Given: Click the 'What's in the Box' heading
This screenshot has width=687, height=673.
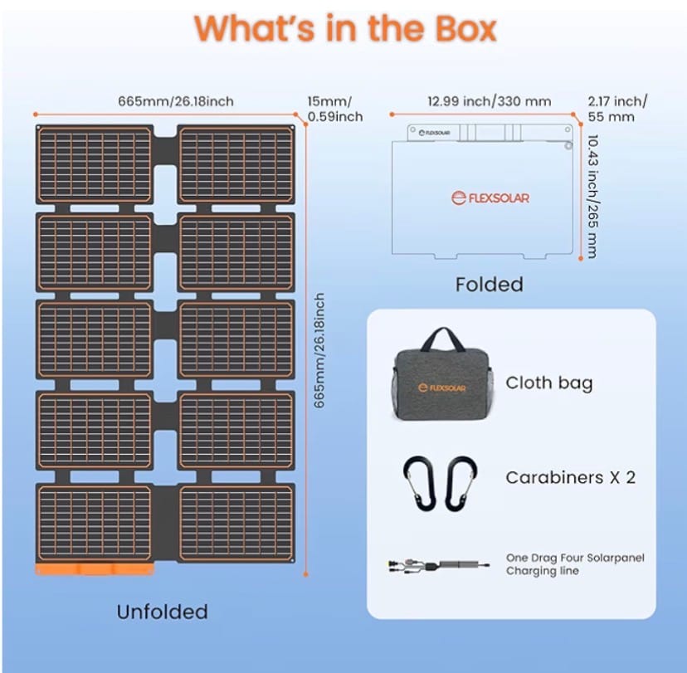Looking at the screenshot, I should point(344,27).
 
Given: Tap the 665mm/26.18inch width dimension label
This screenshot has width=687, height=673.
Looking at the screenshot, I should point(175,101).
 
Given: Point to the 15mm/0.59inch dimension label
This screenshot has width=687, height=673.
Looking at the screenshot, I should point(330,109).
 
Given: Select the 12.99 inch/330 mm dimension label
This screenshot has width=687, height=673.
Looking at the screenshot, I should point(489,101).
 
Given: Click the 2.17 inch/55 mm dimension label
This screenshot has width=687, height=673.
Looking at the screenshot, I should point(616,109).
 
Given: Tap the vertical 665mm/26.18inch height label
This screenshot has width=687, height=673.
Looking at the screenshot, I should point(319,349).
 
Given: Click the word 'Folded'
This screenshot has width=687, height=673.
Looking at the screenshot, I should point(489,284).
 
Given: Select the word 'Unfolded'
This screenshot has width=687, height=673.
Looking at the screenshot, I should point(162,612).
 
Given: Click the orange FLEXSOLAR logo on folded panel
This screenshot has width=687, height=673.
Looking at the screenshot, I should point(490,198).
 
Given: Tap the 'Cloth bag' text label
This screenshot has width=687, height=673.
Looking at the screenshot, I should point(549,383).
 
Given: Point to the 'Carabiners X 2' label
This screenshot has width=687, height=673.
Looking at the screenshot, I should point(570,477).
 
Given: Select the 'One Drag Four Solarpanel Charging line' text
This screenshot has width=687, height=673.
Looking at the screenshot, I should point(575,564).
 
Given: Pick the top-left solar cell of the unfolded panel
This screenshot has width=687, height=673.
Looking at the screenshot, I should point(94,163).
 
